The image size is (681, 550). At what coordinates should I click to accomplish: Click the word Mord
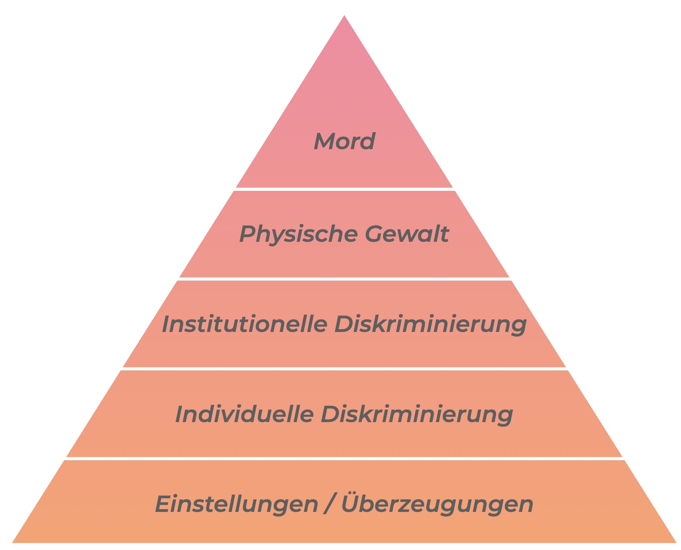coord(344,141)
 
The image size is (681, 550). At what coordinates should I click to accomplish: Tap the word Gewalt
coord(407,233)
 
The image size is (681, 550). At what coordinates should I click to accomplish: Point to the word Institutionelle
coord(244,324)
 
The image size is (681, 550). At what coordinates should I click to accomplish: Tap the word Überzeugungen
coord(437,503)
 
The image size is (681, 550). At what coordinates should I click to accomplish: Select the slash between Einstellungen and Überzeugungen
coord(329,504)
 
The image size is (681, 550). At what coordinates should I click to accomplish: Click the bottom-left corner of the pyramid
coord(12,543)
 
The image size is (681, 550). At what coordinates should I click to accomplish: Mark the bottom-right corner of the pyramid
coord(676,543)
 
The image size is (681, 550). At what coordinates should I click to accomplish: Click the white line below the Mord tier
coord(344,189)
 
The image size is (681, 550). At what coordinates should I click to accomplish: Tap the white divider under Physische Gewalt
coord(344,279)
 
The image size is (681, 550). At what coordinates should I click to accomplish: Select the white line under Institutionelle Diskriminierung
coord(344,369)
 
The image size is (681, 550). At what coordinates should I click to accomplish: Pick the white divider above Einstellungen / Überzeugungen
coord(344,458)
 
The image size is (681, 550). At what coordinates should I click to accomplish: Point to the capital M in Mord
coord(325,141)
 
